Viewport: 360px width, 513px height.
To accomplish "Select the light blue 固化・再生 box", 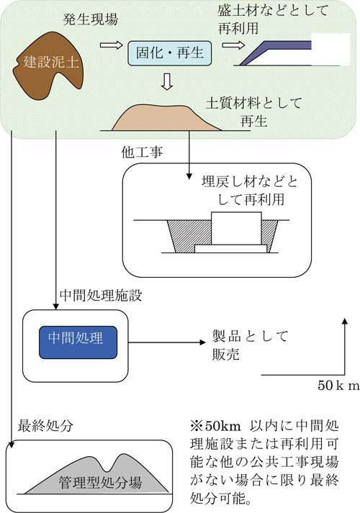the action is point(169,53).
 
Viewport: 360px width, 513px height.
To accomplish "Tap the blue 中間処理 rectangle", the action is point(78,342).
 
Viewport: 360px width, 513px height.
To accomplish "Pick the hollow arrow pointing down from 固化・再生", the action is point(167,81).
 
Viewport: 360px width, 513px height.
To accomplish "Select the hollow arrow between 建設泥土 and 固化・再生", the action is point(111,45).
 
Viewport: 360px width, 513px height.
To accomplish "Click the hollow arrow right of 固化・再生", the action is point(233,45).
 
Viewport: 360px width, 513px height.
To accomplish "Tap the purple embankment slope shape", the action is point(275,53).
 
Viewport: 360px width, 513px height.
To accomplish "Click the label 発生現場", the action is point(90,19).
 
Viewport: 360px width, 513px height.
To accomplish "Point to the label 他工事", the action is point(142,152).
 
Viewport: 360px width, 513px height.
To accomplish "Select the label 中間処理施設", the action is point(101,296).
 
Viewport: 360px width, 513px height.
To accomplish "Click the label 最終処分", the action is point(45,426).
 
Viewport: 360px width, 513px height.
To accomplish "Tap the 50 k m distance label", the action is point(338,385).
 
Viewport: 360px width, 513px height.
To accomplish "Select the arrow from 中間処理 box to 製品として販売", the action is point(166,342).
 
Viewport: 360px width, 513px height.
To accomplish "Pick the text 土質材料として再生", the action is point(253,112).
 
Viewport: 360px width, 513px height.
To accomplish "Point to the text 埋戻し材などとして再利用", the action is point(249,191).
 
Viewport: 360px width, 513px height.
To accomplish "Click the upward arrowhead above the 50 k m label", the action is point(345,321).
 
